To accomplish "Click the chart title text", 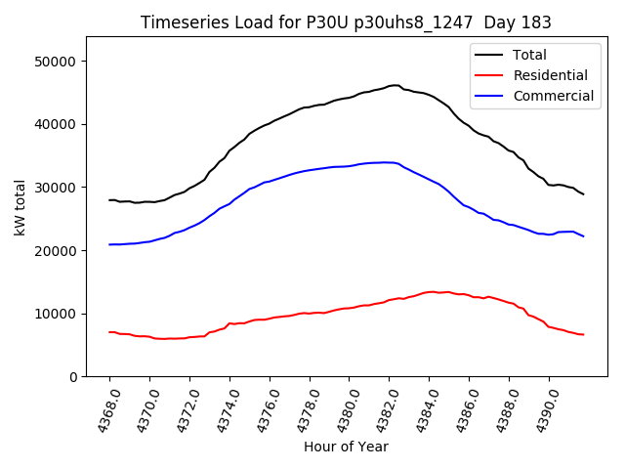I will coord(346,22).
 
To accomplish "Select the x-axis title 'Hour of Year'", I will coord(346,447).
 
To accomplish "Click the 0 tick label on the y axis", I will coord(73,377).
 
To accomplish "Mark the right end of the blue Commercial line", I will coord(583,236).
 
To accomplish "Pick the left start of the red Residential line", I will coord(109,332).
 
